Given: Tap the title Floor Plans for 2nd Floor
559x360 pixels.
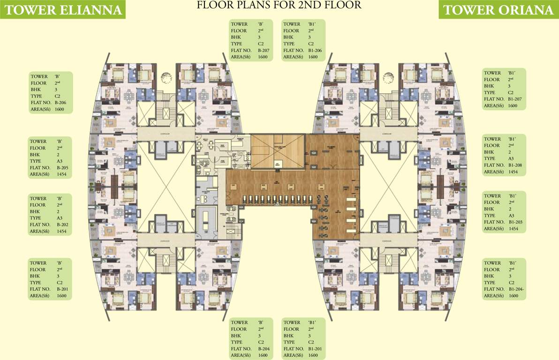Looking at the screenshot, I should [279, 6].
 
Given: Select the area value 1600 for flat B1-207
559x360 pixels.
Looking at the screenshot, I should [513, 105].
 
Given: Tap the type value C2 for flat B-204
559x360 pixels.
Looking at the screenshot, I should [261, 342].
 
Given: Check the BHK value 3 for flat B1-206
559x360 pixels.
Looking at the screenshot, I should [310, 37].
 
